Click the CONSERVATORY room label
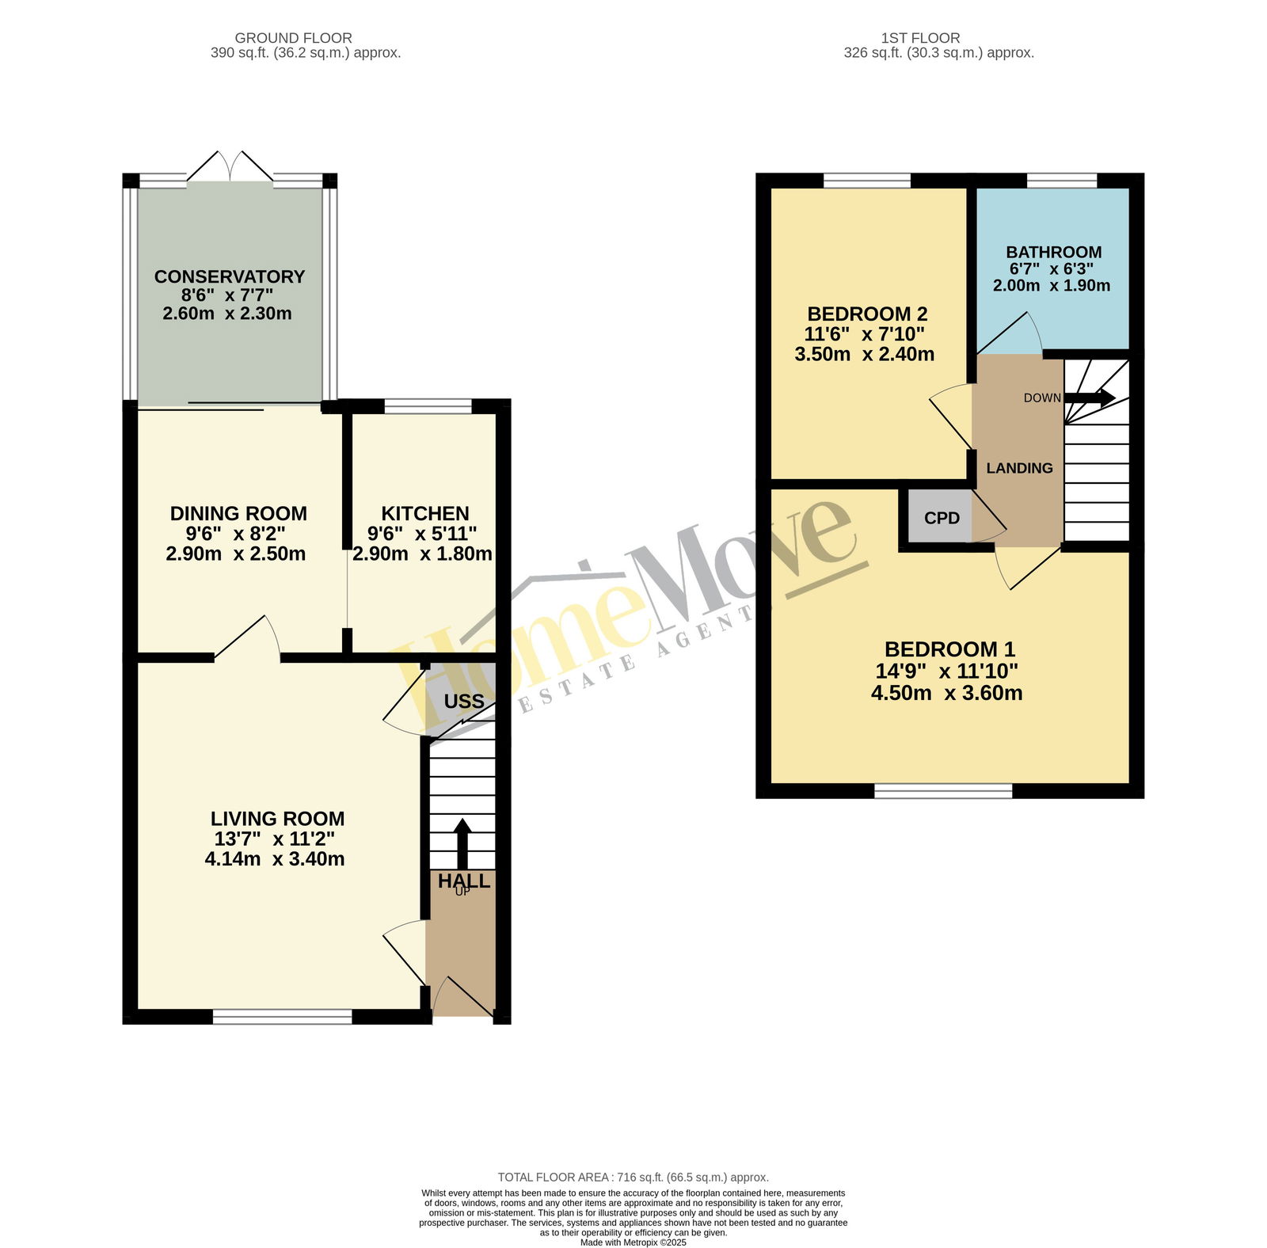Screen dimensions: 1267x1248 [x=230, y=276]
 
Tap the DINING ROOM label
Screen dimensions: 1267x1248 [x=238, y=513]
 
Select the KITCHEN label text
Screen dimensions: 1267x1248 [x=425, y=513]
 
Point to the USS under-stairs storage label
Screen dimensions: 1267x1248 [x=464, y=702]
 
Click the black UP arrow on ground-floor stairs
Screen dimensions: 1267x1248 [x=462, y=845]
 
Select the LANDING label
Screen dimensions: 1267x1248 [x=1020, y=468]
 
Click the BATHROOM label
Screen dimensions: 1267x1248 [x=1054, y=252]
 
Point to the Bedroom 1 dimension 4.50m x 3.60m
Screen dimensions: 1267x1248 [x=947, y=693]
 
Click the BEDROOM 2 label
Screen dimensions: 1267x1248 [x=867, y=314]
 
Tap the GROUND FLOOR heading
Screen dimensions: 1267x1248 [x=294, y=37]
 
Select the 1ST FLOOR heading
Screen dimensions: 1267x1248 [x=920, y=37]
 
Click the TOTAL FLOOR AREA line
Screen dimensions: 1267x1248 [x=633, y=1178]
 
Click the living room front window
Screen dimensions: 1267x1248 [x=283, y=1017]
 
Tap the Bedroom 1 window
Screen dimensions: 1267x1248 [x=944, y=790]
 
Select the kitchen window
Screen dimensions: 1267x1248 [x=428, y=407]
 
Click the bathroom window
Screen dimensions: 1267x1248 [x=1062, y=181]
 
